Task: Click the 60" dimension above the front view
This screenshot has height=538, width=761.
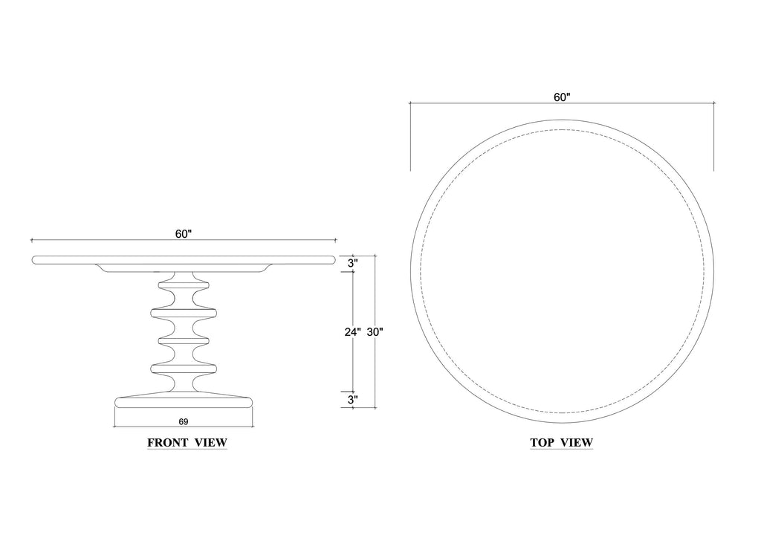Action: point(184,234)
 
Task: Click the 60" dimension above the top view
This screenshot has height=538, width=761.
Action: point(562,97)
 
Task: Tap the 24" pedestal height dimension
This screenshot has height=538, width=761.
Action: point(353,332)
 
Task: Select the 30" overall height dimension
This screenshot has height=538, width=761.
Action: point(375,332)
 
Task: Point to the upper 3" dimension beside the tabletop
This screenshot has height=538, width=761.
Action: point(353,263)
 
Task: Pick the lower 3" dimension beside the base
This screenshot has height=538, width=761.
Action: point(353,400)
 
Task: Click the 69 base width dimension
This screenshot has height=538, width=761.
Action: point(184,421)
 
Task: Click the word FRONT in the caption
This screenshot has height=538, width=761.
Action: point(168,442)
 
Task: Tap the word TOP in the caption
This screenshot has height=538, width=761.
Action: point(542,442)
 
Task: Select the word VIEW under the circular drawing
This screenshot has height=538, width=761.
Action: point(577,442)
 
